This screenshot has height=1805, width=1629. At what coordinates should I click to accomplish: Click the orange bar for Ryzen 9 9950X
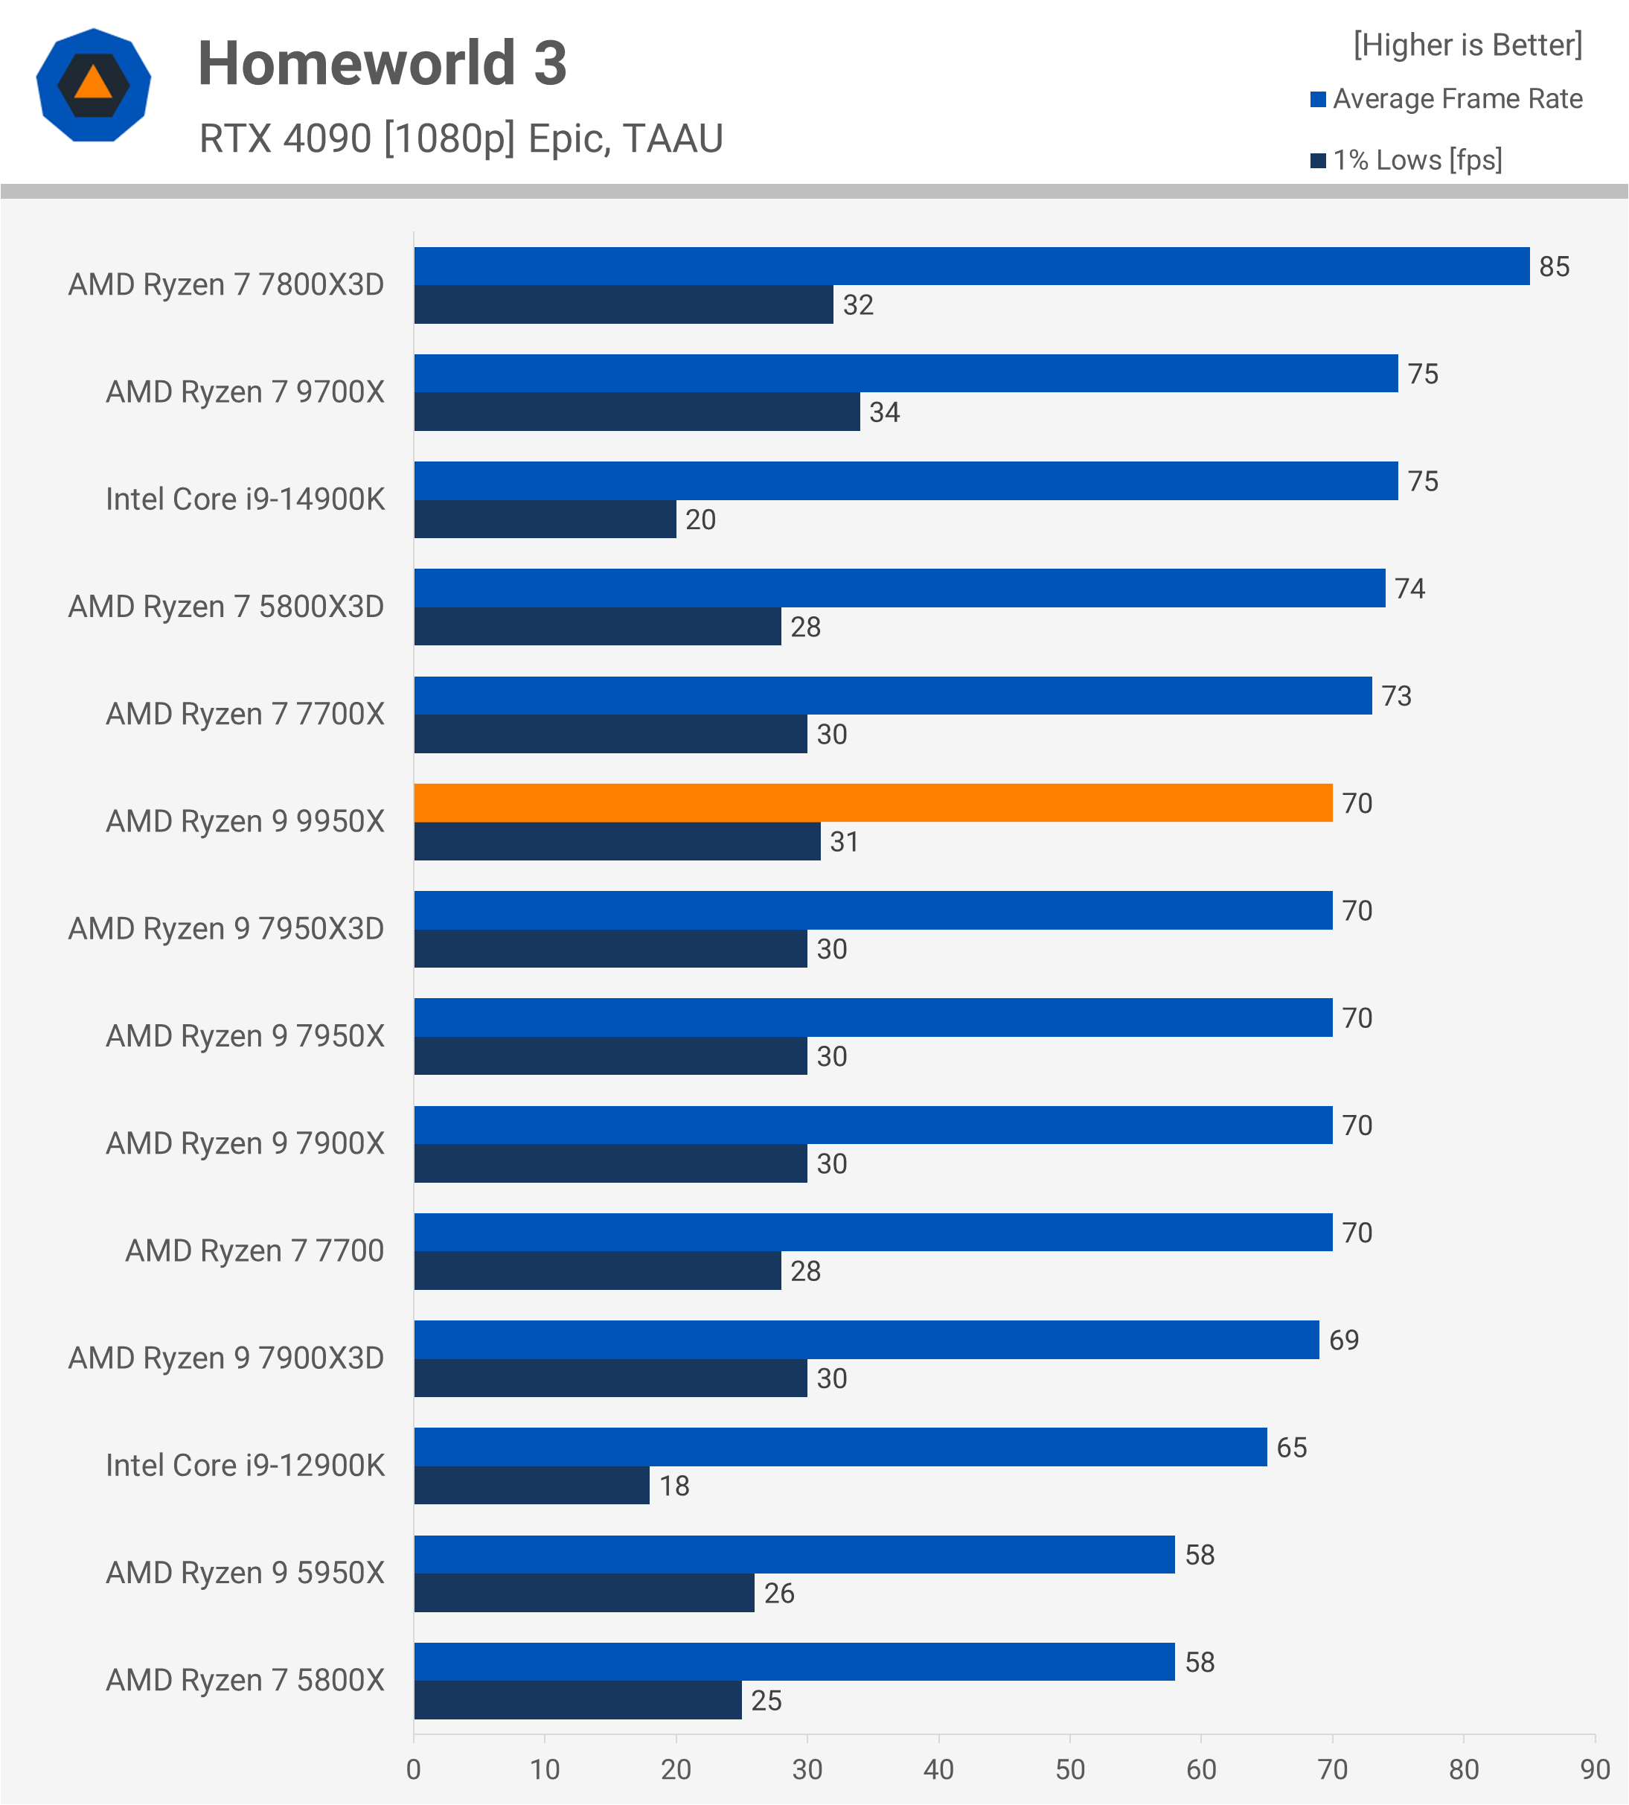coord(873,803)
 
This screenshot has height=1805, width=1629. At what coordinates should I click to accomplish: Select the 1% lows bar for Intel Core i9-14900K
coord(544,520)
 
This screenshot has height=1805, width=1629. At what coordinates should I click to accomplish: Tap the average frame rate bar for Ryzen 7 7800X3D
coord(971,266)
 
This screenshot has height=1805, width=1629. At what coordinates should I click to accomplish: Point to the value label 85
coord(1554,266)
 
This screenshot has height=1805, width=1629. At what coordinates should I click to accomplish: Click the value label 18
coord(674,1486)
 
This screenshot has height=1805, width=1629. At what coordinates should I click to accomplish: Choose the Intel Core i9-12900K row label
coord(244,1466)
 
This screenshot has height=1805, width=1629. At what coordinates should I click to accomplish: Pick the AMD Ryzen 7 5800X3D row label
coord(225,607)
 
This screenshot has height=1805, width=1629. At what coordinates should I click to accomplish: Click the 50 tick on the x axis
coord(1069,1770)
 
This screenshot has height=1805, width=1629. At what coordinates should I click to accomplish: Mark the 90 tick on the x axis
coord(1595,1770)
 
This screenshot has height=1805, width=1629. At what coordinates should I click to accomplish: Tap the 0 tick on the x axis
coord(414,1770)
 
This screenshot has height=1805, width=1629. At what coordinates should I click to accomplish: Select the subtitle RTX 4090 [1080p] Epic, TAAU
coord(461,138)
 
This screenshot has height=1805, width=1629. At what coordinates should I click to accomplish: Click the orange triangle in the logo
coord(93,83)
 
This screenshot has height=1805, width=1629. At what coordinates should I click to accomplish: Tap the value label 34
coord(884,413)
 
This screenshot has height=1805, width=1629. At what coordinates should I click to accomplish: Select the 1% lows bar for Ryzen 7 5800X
coord(577,1700)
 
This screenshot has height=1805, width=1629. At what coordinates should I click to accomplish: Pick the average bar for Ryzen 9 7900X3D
coord(865,1340)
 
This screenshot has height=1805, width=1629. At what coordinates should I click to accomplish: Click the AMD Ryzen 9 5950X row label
coord(244,1573)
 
